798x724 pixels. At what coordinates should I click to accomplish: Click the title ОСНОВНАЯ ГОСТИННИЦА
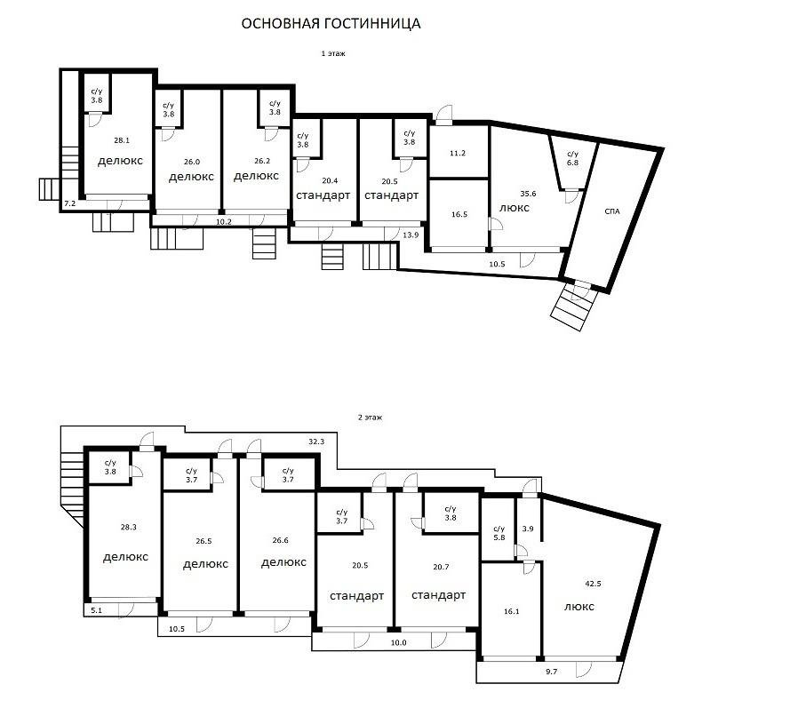tap(331, 24)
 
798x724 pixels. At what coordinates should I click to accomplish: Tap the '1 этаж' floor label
tap(333, 54)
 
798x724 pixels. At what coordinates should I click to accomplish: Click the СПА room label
tap(611, 211)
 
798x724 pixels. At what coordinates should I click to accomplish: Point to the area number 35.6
tap(528, 193)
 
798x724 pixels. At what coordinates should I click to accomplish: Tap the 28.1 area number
tap(121, 140)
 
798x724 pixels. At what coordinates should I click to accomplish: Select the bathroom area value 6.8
tap(571, 163)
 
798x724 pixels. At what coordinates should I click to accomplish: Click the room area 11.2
tap(458, 154)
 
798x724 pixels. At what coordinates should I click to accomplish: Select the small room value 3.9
tap(528, 529)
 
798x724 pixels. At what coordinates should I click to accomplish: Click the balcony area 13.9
tap(410, 235)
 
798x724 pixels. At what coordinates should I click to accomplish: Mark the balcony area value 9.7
tap(550, 672)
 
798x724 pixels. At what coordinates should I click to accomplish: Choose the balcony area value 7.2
tap(69, 205)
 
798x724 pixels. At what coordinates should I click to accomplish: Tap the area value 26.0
tap(191, 163)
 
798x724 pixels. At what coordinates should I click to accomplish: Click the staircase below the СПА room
tap(570, 307)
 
